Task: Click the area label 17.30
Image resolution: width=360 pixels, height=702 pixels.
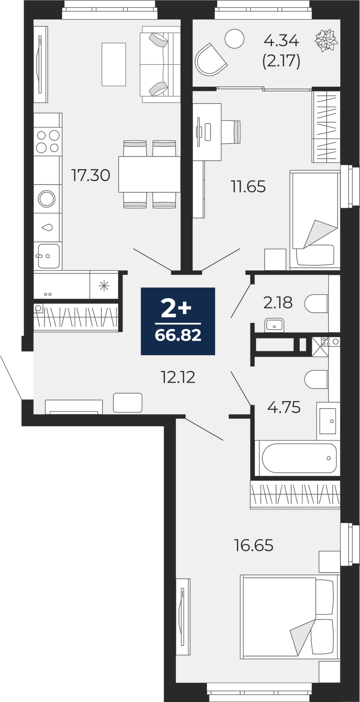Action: tap(91, 175)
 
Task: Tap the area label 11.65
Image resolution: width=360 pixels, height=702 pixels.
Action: tap(248, 186)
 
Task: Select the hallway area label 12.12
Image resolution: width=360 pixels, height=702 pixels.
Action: tap(178, 377)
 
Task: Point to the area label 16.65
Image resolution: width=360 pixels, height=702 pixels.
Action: tap(254, 546)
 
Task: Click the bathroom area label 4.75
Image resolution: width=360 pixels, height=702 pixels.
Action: tap(284, 408)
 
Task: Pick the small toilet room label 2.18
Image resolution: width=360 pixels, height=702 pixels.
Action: tap(278, 303)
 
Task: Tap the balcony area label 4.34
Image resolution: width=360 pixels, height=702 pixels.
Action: tap(281, 41)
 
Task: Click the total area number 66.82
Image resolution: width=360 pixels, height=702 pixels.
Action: tap(178, 335)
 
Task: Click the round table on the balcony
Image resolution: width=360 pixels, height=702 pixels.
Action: tap(234, 39)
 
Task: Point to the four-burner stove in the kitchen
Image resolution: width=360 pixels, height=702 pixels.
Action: tap(48, 141)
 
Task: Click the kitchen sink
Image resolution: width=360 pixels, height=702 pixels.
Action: tap(48, 256)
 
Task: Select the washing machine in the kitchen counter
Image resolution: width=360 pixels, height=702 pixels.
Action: tap(47, 199)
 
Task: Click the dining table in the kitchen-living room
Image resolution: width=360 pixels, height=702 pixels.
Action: tap(149, 174)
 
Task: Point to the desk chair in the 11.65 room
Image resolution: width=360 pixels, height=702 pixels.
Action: tap(231, 132)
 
